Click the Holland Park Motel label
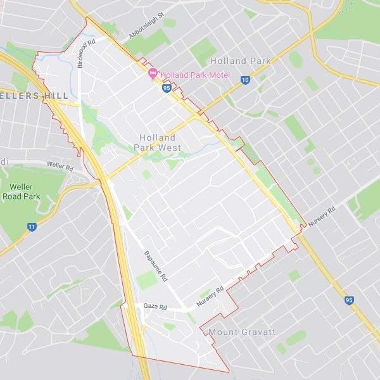pyautogui.click(x=194, y=75)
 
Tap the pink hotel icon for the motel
pyautogui.click(x=153, y=74)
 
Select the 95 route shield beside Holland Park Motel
pyautogui.click(x=167, y=89)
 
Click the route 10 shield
pyautogui.click(x=245, y=80)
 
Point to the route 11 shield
pyautogui.click(x=32, y=227)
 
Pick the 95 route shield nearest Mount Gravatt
pyautogui.click(x=350, y=300)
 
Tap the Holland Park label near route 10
pyautogui.click(x=240, y=61)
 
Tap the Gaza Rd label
pyautogui.click(x=155, y=307)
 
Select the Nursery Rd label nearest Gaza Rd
pyautogui.click(x=210, y=298)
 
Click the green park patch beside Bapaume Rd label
pyautogui.click(x=146, y=279)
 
